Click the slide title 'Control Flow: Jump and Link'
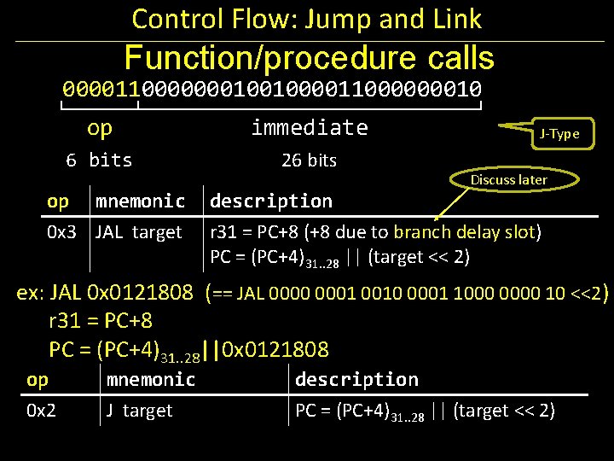coord(307,19)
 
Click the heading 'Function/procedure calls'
coord(309,58)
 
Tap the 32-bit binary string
coord(272,89)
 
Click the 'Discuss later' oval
coord(509,179)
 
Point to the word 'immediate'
coord(310,128)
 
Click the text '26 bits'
coord(309,160)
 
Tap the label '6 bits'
coord(100,160)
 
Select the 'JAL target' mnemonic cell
coord(139,232)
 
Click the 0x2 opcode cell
coord(41,411)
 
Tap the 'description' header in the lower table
coord(356,379)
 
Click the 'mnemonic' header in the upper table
coord(140,201)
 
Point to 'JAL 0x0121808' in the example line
coord(122,293)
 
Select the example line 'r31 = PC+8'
coord(101,321)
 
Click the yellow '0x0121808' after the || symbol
coord(275,349)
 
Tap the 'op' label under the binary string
coord(100,128)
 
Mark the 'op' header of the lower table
coord(38,379)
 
